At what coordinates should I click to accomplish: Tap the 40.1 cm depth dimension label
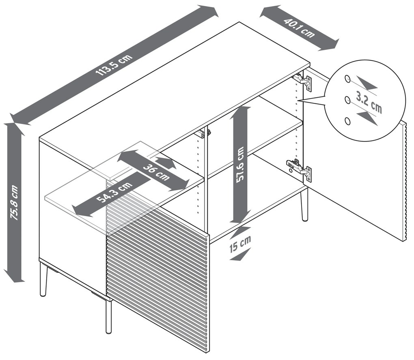tap(300, 28)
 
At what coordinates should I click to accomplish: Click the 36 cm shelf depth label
tap(157, 172)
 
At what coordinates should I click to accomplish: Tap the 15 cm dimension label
tap(240, 244)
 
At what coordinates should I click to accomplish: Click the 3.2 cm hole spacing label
tap(369, 102)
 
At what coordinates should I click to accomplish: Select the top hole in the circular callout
tap(347, 79)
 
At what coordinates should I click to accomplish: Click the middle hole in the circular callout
tap(347, 100)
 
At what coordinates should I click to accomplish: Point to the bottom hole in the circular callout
tap(347, 121)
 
